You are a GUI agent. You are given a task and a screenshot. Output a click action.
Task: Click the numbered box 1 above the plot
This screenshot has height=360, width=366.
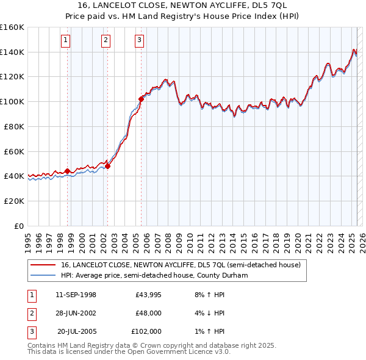(x=65, y=41)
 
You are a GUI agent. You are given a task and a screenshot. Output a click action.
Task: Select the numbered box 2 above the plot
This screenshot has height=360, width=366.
(x=106, y=41)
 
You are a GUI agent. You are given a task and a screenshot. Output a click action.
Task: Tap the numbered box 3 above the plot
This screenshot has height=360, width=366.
(x=139, y=41)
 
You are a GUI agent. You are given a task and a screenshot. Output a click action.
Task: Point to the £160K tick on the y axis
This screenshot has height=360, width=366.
(x=12, y=27)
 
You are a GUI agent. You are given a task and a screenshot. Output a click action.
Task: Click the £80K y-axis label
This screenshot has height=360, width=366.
(x=14, y=126)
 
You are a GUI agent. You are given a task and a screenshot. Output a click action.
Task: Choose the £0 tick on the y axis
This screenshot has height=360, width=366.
(x=19, y=226)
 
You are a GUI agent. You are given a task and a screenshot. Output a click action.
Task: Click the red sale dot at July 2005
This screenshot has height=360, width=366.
(x=141, y=99)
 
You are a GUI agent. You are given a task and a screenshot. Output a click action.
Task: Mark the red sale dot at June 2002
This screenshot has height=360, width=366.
(x=108, y=165)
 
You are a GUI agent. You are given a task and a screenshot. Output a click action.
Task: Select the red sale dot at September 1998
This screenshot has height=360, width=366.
(x=68, y=171)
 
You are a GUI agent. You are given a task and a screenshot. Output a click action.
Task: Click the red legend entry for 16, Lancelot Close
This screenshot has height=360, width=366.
(x=181, y=265)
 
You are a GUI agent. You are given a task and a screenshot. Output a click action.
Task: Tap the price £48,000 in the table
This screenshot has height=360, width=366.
(x=148, y=313)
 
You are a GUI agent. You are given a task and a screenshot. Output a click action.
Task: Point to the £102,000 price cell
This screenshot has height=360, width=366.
(x=146, y=331)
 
